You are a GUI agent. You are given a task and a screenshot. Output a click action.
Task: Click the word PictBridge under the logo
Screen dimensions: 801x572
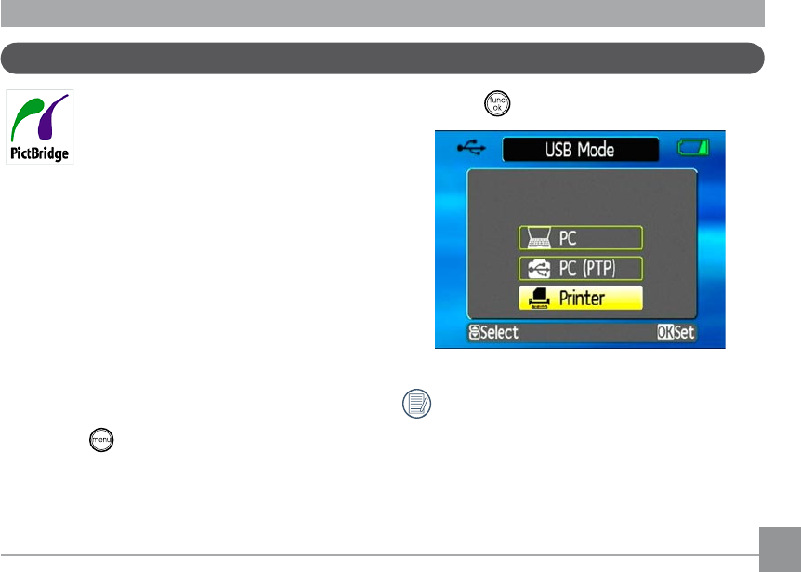[x=40, y=153]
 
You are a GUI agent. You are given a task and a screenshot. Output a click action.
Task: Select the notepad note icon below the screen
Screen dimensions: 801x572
[x=417, y=405]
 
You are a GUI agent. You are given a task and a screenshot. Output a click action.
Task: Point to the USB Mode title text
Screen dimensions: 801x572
[x=580, y=150]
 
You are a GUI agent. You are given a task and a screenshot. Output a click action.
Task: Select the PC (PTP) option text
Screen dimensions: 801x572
[x=586, y=269]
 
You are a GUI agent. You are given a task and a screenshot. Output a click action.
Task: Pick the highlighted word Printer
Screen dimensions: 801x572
[x=582, y=299]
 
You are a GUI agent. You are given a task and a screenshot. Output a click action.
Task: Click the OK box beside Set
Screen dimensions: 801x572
[x=665, y=332]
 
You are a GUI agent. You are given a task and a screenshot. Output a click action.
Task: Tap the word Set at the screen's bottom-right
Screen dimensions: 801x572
[x=686, y=332]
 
